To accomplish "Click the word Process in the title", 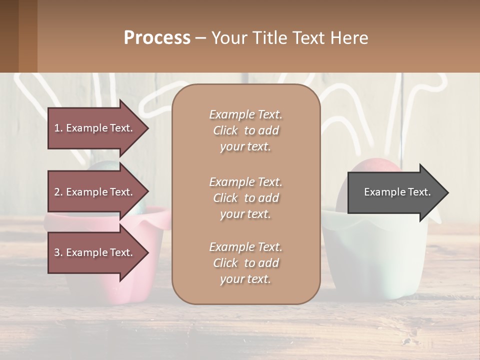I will coord(157,38).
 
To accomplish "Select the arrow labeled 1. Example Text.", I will coord(95,128).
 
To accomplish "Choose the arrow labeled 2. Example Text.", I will coord(95,192).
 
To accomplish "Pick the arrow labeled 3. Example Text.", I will coord(95,252).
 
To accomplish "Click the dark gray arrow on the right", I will coord(395,192).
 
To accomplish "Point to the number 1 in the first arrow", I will coord(57,128).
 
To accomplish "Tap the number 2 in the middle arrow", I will coord(57,192).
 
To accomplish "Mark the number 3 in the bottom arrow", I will coord(57,252).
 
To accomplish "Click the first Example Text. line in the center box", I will coord(245,114).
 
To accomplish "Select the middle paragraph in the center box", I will coord(245,198).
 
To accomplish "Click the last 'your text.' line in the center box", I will coord(245,279).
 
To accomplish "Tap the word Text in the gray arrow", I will coord(419,192).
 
